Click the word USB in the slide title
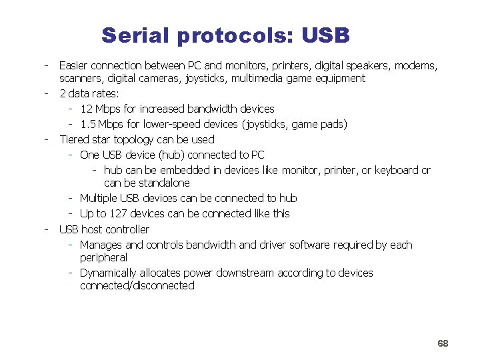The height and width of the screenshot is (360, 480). [325, 35]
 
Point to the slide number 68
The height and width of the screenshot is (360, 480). [443, 343]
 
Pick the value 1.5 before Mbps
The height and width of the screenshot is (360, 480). [87, 124]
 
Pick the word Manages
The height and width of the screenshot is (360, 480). [101, 245]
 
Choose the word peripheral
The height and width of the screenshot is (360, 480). [103, 257]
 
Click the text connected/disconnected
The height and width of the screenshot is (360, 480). [137, 285]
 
